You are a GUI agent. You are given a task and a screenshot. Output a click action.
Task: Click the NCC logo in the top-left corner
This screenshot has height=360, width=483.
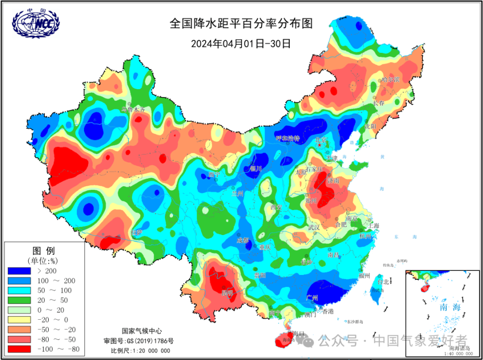[36, 24]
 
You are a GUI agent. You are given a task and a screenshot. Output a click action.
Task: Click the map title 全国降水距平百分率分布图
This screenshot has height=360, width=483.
[241, 24]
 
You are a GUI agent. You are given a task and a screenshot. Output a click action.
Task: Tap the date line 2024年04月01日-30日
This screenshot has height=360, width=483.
[241, 43]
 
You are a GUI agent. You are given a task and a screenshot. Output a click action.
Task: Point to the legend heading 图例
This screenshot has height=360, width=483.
[44, 250]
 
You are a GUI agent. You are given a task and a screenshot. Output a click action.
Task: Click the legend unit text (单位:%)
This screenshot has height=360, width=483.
[44, 260]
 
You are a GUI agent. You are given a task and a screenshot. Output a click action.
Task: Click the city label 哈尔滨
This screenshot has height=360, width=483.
[390, 80]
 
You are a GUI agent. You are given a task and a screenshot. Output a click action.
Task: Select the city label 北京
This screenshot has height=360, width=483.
[320, 140]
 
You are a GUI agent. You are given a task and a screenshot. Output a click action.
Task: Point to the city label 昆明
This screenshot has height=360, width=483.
[227, 293]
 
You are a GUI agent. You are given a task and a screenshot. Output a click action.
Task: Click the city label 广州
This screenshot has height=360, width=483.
[312, 298]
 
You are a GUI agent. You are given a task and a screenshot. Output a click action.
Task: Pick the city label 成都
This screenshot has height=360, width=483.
[243, 240]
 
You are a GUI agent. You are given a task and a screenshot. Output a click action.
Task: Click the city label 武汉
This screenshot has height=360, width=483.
[314, 228]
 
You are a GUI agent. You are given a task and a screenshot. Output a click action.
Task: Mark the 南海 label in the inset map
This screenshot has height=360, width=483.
[449, 307]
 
